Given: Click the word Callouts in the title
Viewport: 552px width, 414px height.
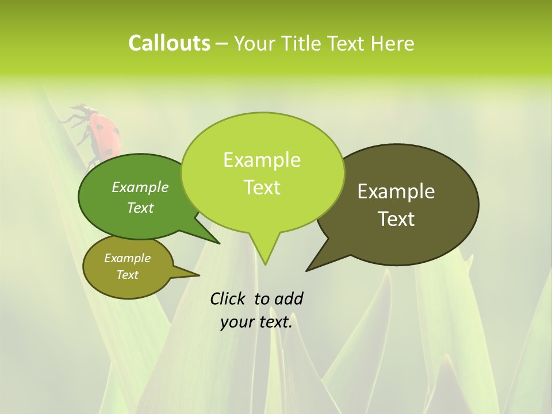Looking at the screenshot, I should pos(169,43).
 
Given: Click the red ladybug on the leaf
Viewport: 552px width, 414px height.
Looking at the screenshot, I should pos(103,132).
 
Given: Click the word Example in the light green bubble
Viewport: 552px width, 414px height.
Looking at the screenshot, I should pos(262,160).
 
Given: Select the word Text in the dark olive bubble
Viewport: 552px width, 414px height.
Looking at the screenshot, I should pos(396,219).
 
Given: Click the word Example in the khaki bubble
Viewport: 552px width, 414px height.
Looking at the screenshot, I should pos(127,258).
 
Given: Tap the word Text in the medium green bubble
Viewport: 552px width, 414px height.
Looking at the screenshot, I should pos(140,208).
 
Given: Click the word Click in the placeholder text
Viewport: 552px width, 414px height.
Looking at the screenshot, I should pos(228,298).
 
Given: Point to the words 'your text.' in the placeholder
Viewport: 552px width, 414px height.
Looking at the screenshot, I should pos(256,322).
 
